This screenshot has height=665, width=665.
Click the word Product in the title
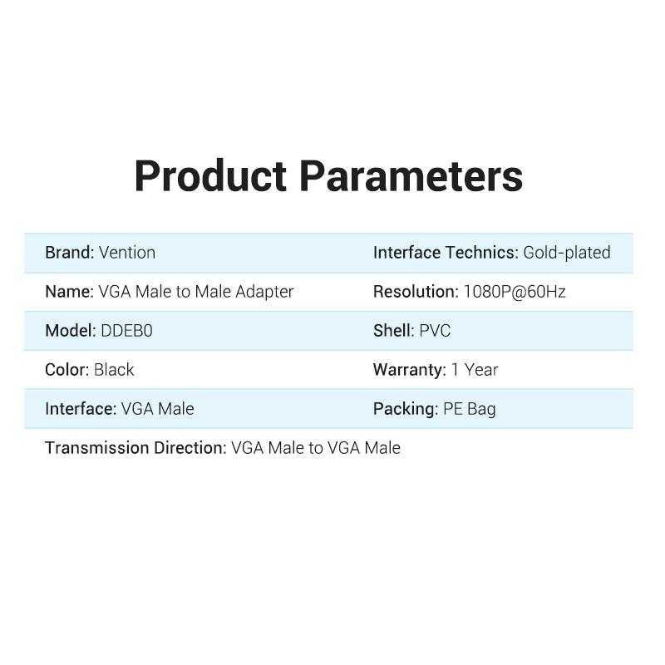coord(209,177)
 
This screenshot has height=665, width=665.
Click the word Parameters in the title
coord(411,177)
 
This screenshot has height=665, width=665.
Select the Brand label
coord(69,253)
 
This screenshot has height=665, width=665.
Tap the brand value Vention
coord(127,253)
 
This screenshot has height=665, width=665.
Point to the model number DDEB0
coord(126,331)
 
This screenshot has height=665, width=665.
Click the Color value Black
coord(114,370)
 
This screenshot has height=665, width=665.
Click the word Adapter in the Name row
coord(264,292)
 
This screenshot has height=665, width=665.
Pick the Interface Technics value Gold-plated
coord(567,253)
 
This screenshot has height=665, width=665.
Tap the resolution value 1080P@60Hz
coord(515,292)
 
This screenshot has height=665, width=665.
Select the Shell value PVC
coord(435,331)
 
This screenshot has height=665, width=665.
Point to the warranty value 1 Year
coord(475,370)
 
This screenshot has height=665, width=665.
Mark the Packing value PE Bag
coord(470,409)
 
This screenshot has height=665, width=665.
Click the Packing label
coord(405,409)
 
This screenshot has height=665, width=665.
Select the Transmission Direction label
coord(135,448)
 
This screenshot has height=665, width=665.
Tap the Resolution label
coord(415,292)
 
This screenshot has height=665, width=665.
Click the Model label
coord(70,331)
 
